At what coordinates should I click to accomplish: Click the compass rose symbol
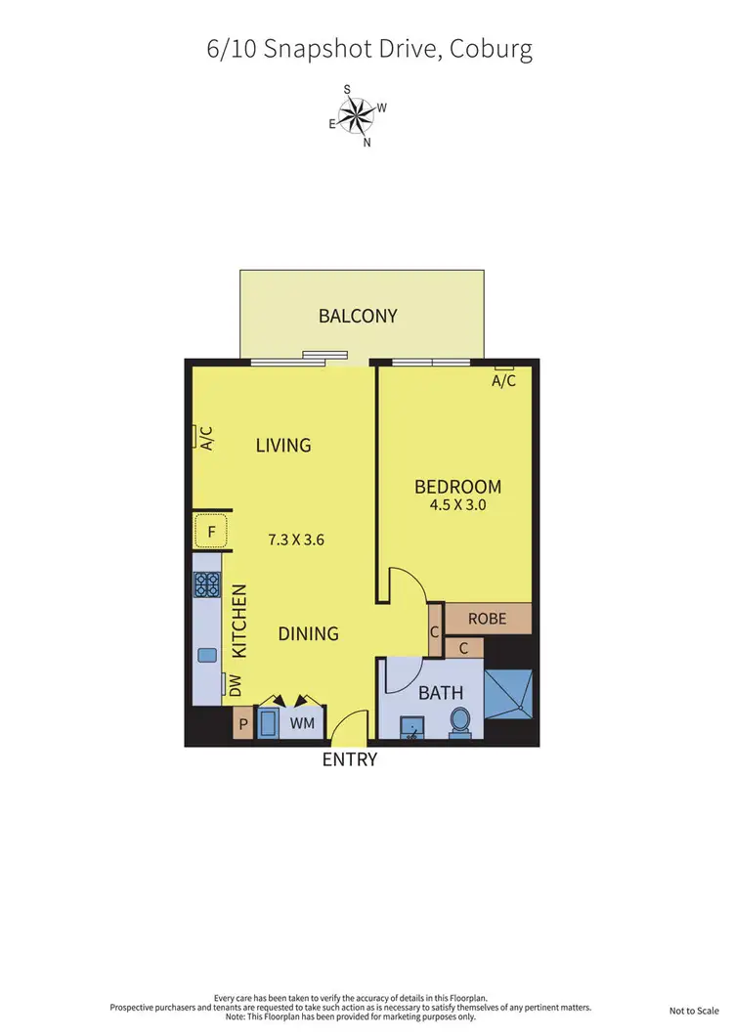coord(359,116)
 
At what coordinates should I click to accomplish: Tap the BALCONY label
coord(358,316)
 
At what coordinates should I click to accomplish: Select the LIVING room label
coord(283,445)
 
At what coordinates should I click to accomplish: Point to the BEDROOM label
coord(457,487)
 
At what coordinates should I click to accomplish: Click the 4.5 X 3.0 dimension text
coord(457,506)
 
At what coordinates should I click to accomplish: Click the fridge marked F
coord(210,534)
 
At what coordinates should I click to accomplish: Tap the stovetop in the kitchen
coord(207,584)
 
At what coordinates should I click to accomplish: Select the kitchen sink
coord(207,655)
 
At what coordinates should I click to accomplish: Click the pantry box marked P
coord(242,726)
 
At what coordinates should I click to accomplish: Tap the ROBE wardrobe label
coord(486,619)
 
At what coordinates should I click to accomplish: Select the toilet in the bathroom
coord(460,721)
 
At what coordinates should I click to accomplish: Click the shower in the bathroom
coord(508,694)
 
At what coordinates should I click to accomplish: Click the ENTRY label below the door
coord(350,759)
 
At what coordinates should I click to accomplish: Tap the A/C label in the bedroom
coord(503,381)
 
